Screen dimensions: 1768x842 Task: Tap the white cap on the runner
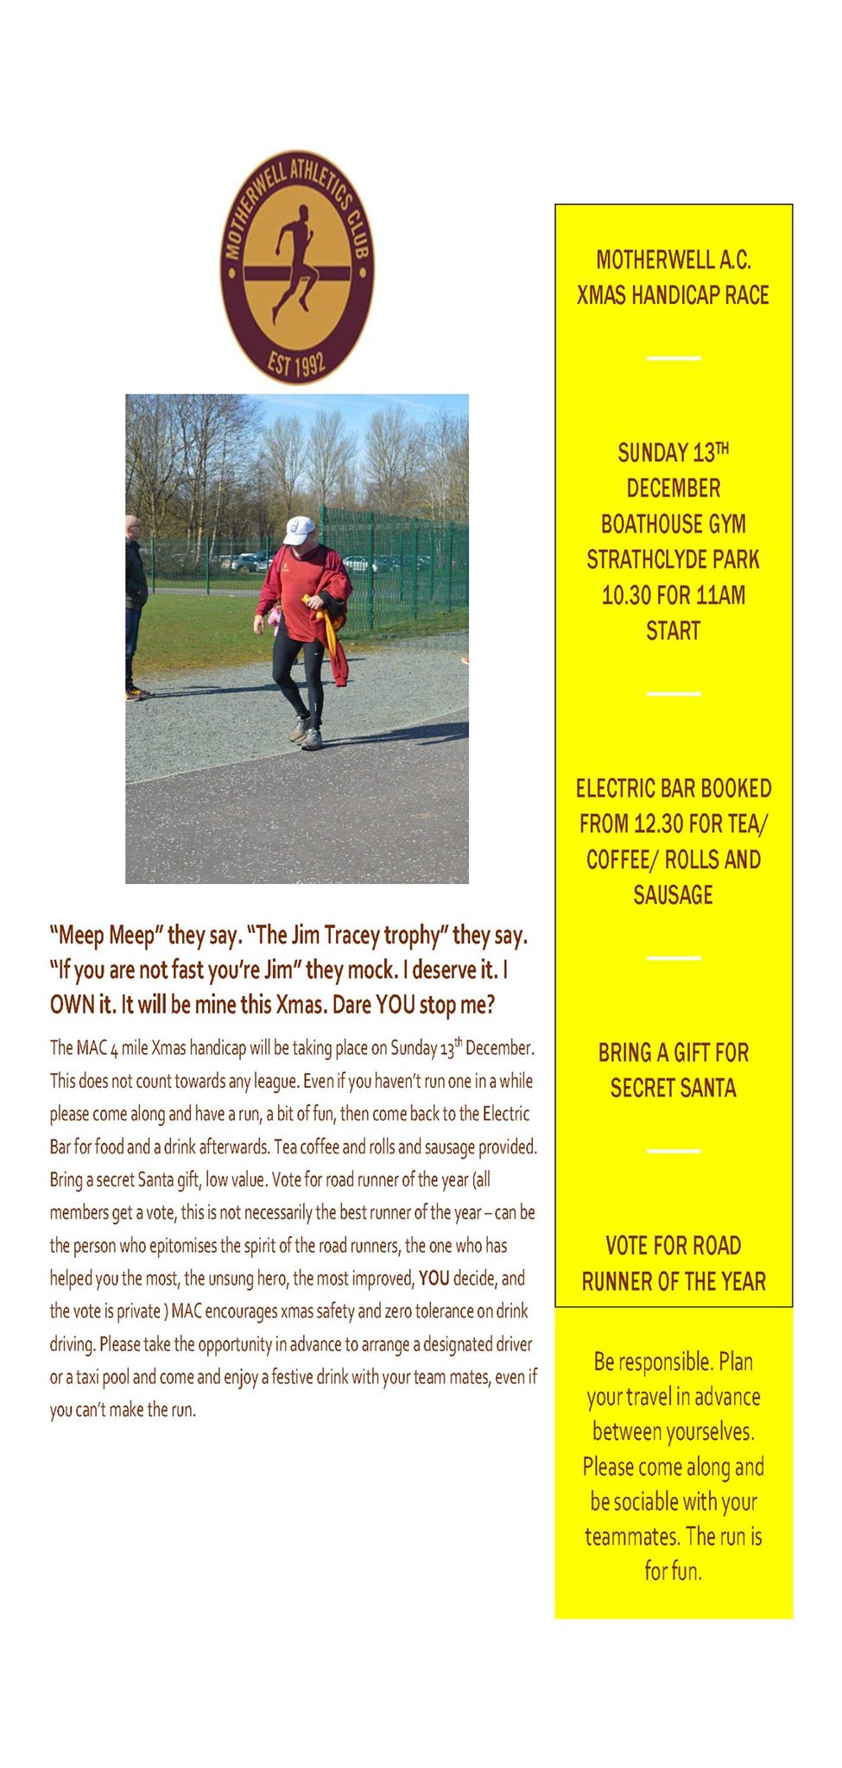tap(299, 529)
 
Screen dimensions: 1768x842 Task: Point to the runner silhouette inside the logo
tap(294, 263)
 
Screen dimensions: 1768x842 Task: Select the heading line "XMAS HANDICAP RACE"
tap(673, 295)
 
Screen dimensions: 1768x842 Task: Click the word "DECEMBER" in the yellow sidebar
tap(673, 489)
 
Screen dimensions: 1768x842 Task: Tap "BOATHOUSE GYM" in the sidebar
tap(673, 524)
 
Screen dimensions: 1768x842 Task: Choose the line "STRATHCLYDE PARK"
tap(673, 559)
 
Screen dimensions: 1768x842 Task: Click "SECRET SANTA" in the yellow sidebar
tap(673, 1088)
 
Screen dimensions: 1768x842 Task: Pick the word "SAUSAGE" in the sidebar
tap(673, 895)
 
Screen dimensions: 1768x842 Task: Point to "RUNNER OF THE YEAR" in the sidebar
tap(673, 1281)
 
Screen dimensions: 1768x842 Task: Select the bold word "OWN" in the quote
tap(70, 1005)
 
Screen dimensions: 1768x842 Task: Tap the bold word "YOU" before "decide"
tap(434, 1279)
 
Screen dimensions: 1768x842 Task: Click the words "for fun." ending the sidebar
tap(673, 1570)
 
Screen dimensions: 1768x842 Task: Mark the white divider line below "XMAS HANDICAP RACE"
tap(673, 357)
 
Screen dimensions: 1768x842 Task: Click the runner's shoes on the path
tap(307, 735)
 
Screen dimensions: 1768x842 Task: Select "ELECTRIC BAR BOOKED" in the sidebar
tap(673, 788)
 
